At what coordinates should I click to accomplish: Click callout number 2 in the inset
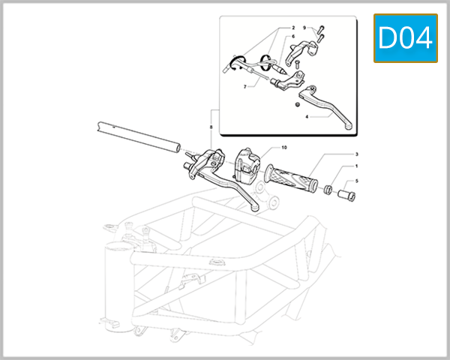tap(292, 28)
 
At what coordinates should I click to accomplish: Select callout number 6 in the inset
tap(292, 37)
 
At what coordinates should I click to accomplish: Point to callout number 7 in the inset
tap(244, 87)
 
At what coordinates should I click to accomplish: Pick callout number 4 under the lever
tap(307, 117)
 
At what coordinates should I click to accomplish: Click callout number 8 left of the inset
tap(212, 128)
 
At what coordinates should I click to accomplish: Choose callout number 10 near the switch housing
tap(284, 147)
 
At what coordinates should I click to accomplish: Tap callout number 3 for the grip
tap(356, 154)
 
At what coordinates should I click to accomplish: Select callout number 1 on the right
tap(356, 166)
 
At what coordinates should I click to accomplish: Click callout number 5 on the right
tap(356, 181)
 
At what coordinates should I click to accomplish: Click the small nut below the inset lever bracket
tap(297, 103)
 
